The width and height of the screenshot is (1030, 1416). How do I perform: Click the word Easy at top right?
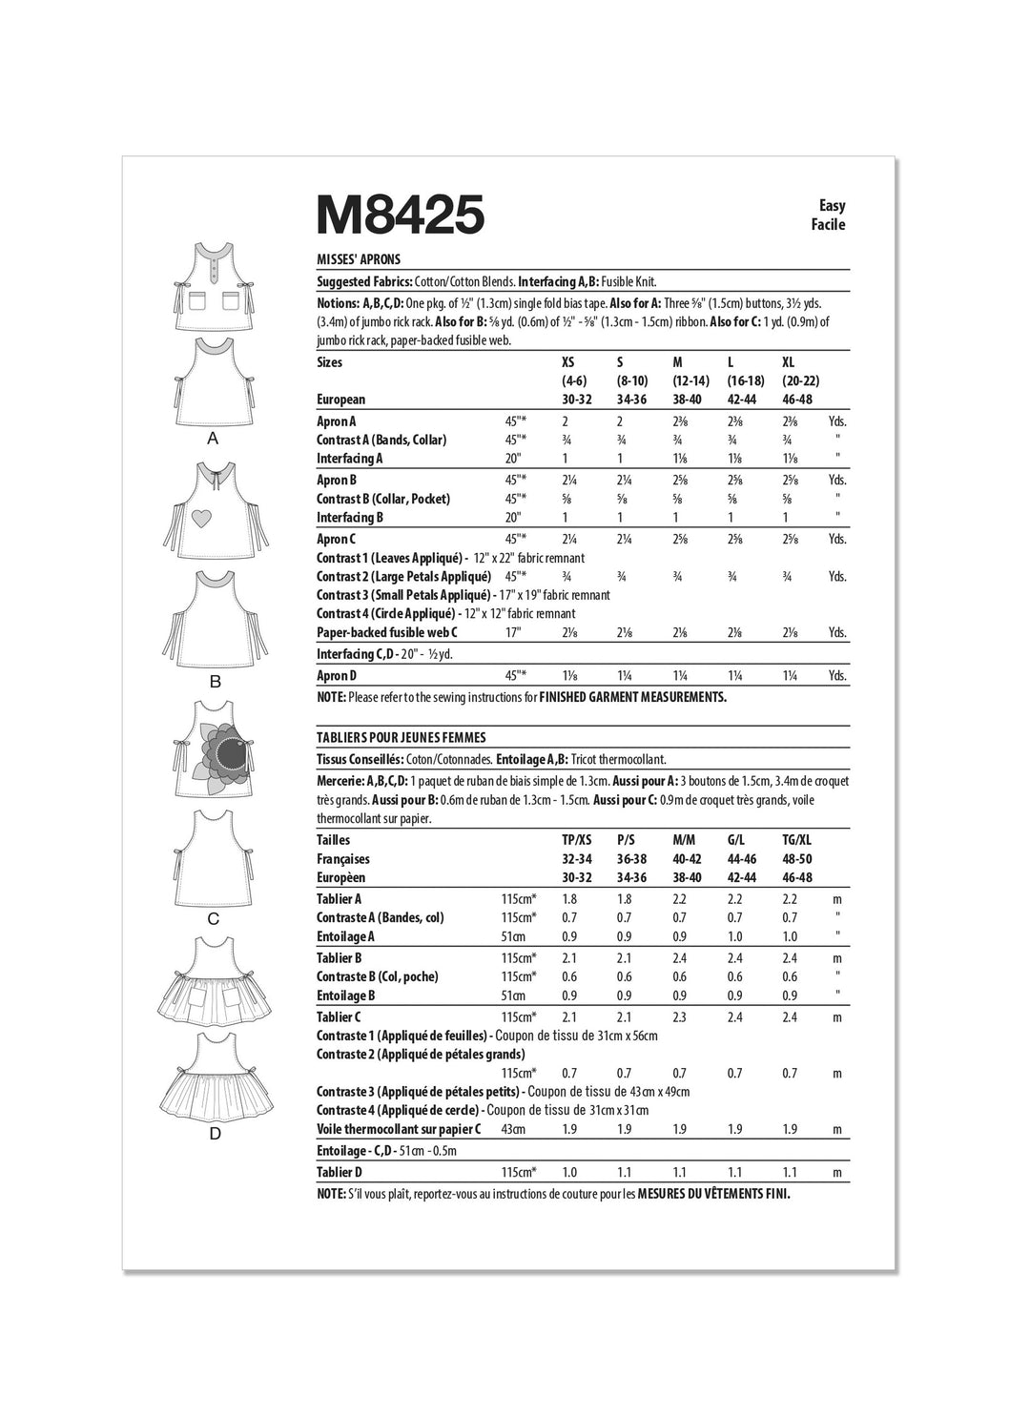pyautogui.click(x=832, y=205)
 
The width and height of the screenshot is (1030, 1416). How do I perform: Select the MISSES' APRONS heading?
pyautogui.click(x=359, y=259)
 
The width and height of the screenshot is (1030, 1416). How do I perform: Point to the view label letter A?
pyautogui.click(x=214, y=439)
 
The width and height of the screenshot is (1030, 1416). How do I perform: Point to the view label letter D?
pyautogui.click(x=215, y=1134)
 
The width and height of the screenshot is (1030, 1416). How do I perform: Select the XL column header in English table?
pyautogui.click(x=788, y=362)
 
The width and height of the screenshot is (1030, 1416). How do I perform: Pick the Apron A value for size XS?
pyautogui.click(x=566, y=421)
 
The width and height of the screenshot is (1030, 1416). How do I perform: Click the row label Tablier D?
pyautogui.click(x=340, y=1172)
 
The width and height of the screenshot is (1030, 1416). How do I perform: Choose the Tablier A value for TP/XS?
pyautogui.click(x=570, y=898)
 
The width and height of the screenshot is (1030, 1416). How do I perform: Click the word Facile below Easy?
pyautogui.click(x=829, y=225)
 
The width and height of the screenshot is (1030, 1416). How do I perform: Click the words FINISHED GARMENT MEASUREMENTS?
pyautogui.click(x=632, y=697)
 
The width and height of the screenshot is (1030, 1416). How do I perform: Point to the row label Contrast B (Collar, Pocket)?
pyautogui.click(x=383, y=499)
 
